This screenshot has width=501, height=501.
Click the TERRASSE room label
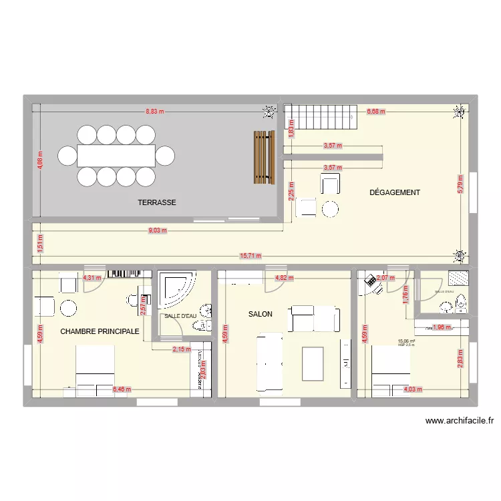[x=157, y=202]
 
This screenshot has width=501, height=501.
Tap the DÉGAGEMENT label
[x=395, y=192]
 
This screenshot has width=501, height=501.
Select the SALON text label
[x=260, y=313]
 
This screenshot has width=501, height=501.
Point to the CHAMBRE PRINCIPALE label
[x=100, y=331]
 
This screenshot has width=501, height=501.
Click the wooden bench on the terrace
[x=264, y=157]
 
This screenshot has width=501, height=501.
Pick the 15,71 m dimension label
[x=251, y=255]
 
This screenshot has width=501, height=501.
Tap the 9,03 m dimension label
[x=158, y=230]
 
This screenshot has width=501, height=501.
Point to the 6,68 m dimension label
[x=375, y=112]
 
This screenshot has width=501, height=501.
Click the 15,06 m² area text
[x=406, y=341]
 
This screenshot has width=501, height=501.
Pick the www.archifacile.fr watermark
[x=458, y=421]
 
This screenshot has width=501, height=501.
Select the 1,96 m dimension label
[x=442, y=327]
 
